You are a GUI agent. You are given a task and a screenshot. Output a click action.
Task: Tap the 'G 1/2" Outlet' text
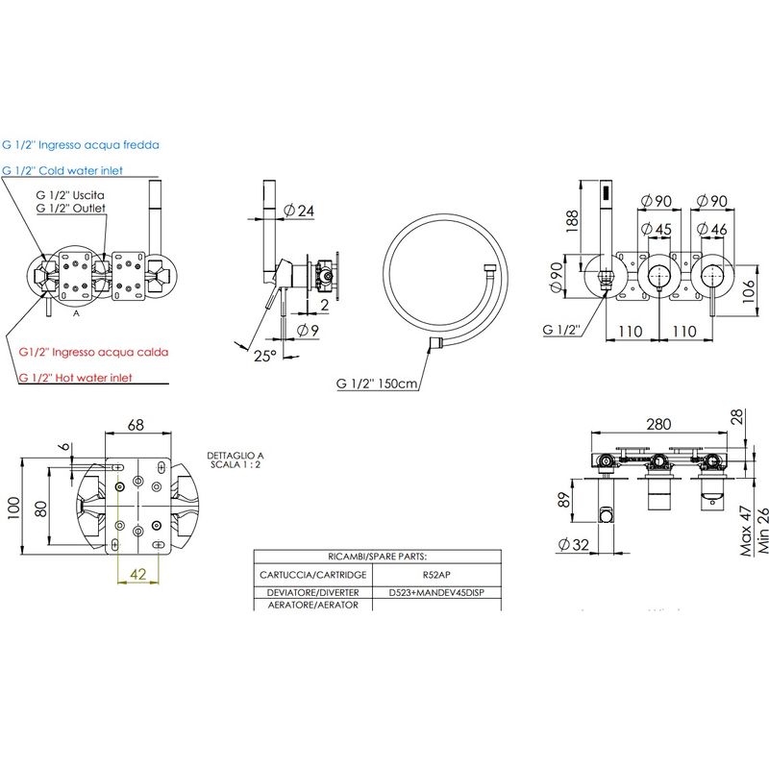70,208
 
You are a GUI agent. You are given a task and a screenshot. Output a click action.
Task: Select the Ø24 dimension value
299,211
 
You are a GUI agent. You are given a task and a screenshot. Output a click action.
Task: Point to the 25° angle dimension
265,356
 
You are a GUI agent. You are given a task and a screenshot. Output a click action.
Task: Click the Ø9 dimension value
308,331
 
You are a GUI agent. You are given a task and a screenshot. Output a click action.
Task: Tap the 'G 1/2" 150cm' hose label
377,383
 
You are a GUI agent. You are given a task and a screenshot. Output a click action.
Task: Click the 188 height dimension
572,221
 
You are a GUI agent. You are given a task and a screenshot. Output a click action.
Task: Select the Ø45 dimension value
657,229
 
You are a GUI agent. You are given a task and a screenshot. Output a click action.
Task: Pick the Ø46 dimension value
712,229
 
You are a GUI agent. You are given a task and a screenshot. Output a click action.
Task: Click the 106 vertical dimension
748,291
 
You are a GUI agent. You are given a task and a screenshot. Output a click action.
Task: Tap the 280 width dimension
658,424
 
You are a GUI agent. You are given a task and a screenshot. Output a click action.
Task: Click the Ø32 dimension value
573,544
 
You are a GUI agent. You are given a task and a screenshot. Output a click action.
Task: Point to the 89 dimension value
564,500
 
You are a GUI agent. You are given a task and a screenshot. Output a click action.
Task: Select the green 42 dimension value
138,574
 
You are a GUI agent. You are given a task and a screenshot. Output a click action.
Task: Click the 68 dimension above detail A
136,425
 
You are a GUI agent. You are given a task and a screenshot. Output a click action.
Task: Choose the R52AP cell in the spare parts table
436,575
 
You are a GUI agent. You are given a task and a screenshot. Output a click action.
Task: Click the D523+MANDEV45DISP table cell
436,592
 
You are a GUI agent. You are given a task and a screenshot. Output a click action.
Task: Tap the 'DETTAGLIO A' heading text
236,456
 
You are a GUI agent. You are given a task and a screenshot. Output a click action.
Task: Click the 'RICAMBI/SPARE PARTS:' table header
377,557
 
